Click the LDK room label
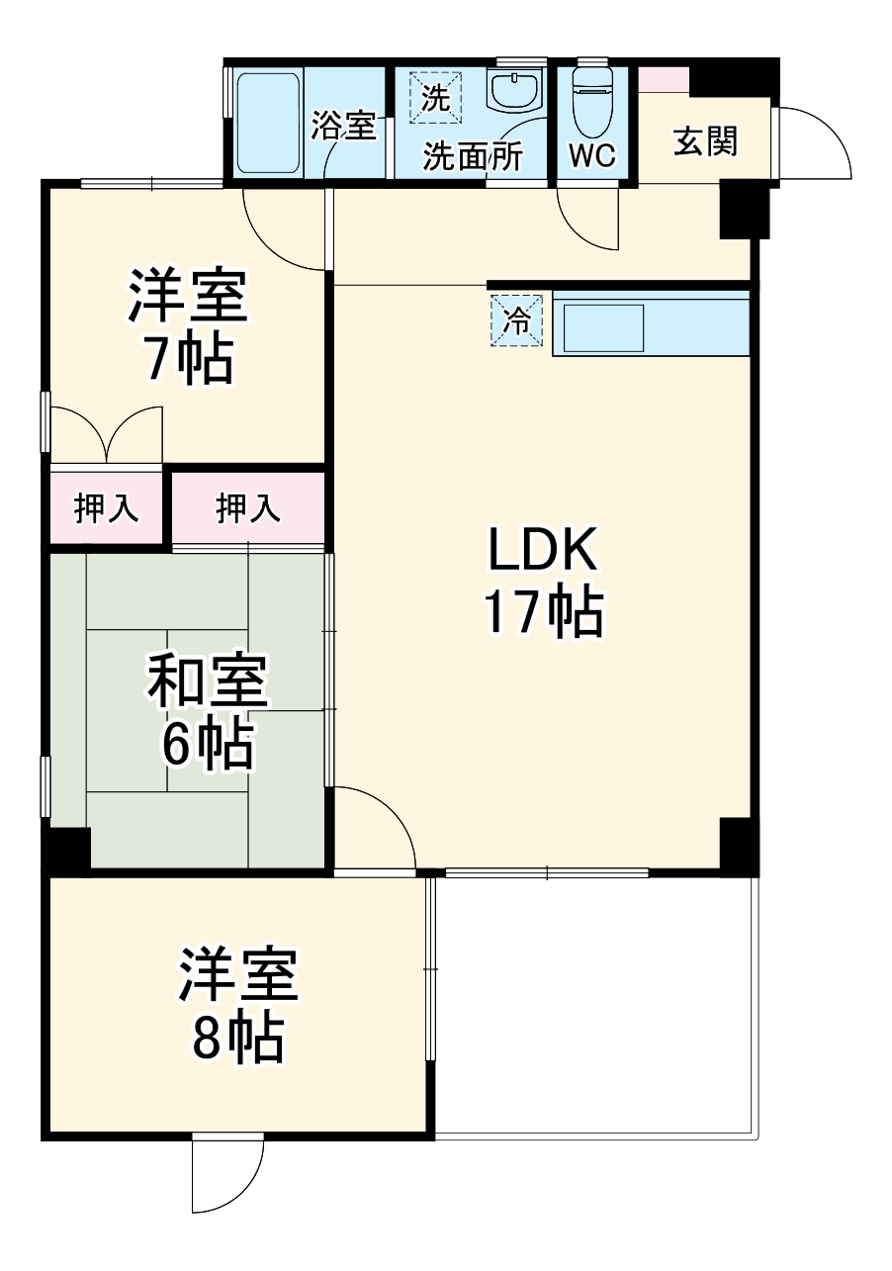click(x=543, y=552)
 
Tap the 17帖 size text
click(x=543, y=613)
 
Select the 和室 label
click(x=207, y=683)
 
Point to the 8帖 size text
click(x=237, y=1038)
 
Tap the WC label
click(x=592, y=155)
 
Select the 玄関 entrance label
click(x=705, y=142)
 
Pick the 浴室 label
click(x=343, y=125)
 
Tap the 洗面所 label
click(x=473, y=156)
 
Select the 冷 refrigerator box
click(x=517, y=320)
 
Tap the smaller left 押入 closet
click(x=106, y=508)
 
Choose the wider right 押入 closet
click(x=248, y=508)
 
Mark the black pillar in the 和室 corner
click(x=67, y=849)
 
